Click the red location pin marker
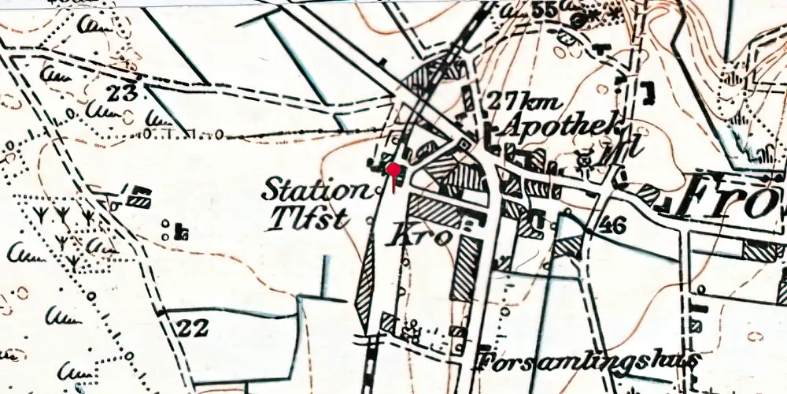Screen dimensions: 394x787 [x=393, y=171]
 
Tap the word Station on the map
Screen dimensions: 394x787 [x=315, y=190]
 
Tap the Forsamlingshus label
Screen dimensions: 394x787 [x=587, y=362]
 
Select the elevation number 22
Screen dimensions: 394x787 [x=191, y=327]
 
